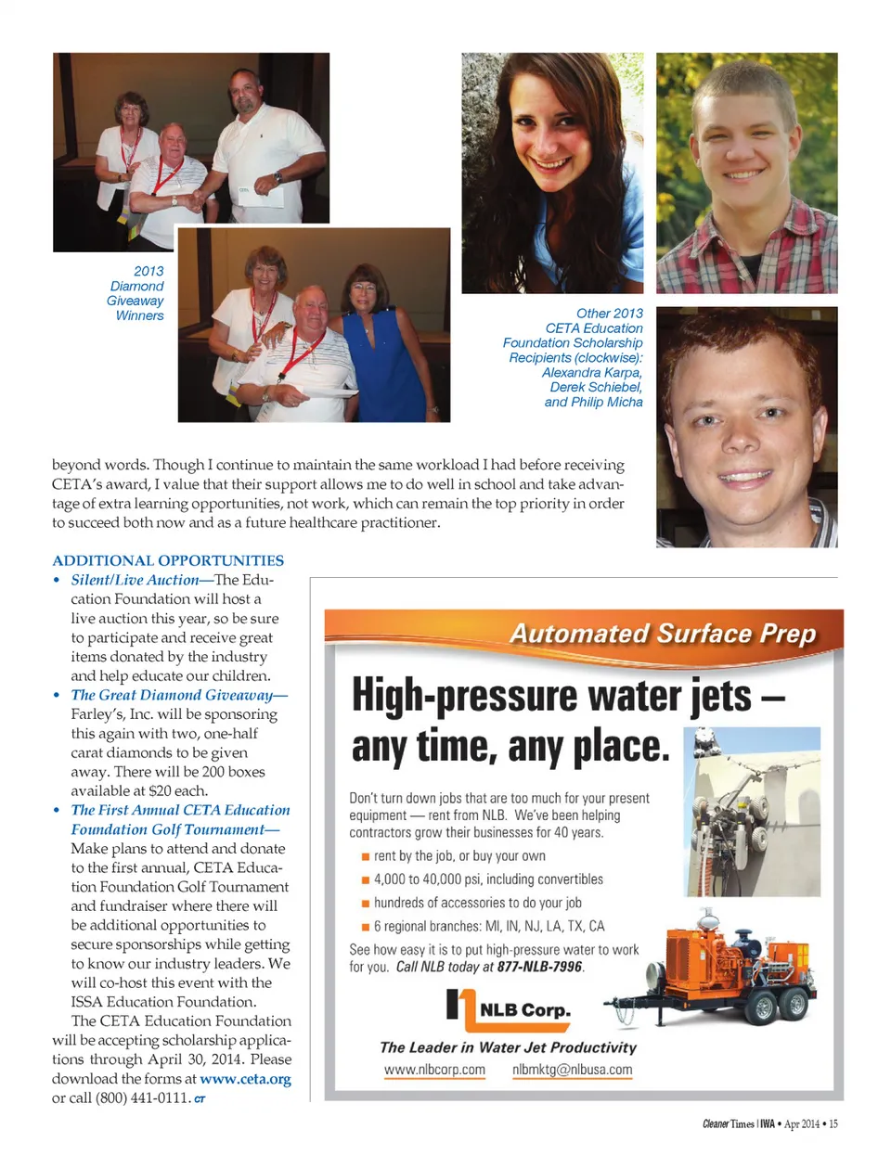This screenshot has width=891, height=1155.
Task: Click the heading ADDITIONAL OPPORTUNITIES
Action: pyautogui.click(x=168, y=560)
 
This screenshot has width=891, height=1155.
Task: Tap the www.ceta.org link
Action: pyautogui.click(x=245, y=1079)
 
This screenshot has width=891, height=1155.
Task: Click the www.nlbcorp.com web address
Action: pyautogui.click(x=434, y=1070)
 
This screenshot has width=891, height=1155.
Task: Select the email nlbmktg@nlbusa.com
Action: pyautogui.click(x=572, y=1070)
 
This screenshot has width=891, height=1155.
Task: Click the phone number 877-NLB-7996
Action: pyautogui.click(x=539, y=967)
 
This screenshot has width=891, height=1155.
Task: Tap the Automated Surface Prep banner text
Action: pyautogui.click(x=663, y=634)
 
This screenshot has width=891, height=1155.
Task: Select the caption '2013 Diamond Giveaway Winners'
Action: pyautogui.click(x=136, y=293)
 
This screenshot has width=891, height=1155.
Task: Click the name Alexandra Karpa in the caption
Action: pyautogui.click(x=591, y=372)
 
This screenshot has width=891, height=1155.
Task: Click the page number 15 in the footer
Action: pyautogui.click(x=833, y=1123)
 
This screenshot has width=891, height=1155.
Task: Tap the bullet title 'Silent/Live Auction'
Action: pyautogui.click(x=135, y=580)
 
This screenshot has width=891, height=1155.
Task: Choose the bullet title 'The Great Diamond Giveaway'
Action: pyautogui.click(x=172, y=695)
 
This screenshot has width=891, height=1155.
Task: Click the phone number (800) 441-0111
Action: pyautogui.click(x=142, y=1098)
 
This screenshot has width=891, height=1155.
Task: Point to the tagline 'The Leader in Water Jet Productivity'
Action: pyautogui.click(x=508, y=1047)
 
